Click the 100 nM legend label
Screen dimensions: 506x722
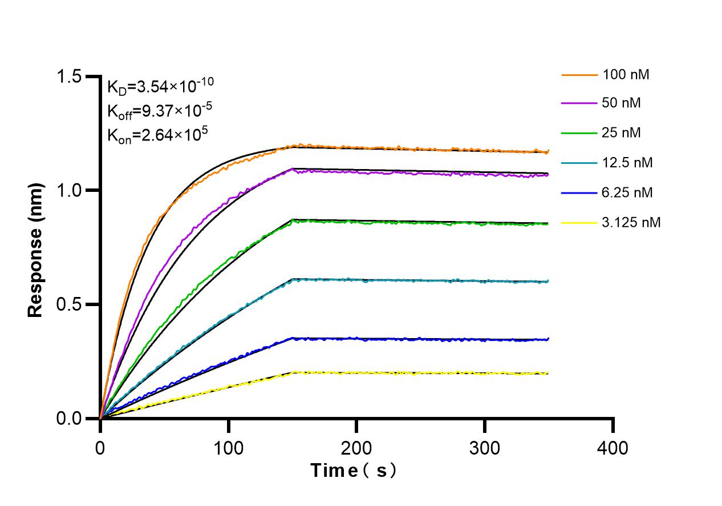point(626,74)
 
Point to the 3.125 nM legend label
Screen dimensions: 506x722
point(631,222)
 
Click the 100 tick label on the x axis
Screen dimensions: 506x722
point(229,447)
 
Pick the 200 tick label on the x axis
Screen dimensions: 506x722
point(356,447)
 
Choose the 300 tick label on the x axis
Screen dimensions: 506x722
point(485,447)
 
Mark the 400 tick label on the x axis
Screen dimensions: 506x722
point(613,447)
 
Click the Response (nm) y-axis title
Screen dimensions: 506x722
point(35,249)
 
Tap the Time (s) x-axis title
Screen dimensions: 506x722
point(354,471)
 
